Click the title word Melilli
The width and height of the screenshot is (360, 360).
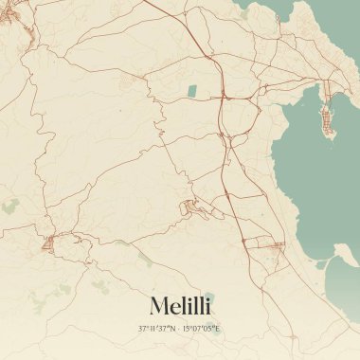[180, 305]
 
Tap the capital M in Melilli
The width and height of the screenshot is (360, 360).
[156, 305]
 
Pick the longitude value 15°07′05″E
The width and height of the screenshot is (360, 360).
[201, 329]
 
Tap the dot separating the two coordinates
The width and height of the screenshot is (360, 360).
[178, 329]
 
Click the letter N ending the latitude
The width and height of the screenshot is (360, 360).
[173, 329]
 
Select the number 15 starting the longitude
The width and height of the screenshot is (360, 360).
[187, 329]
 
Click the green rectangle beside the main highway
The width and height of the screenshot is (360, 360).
[192, 91]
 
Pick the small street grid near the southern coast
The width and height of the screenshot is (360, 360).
[270, 247]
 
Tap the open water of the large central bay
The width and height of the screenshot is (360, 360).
[303, 180]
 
